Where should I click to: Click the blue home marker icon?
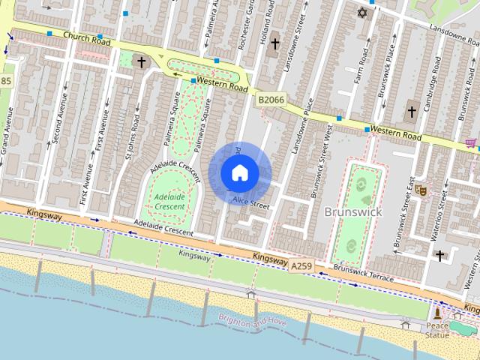(239, 172)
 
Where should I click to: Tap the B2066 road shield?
(272, 99)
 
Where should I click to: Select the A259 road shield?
(301, 266)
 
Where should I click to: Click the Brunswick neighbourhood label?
(353, 212)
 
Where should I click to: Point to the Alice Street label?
(250, 202)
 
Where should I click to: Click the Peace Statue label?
(437, 330)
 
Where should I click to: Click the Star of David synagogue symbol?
(364, 14)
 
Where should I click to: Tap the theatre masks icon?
(422, 192)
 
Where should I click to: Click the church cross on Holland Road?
(274, 44)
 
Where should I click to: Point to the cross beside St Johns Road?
(141, 61)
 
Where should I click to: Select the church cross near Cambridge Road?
(411, 112)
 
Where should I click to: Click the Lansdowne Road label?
(453, 28)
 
